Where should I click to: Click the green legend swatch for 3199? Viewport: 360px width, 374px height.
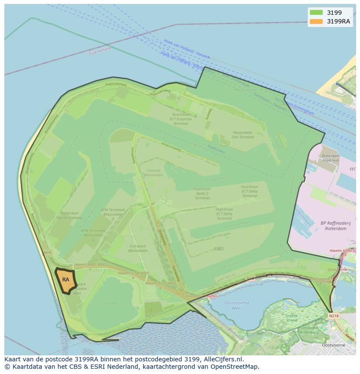pos(316,13)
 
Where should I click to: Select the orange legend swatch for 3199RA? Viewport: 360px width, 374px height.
pos(316,21)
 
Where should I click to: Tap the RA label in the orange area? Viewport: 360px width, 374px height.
pos(66,280)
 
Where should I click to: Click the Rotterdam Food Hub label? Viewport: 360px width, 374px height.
pos(330,158)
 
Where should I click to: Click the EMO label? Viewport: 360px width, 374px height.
pos(219,249)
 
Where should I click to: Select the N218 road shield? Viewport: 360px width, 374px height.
pos(333,316)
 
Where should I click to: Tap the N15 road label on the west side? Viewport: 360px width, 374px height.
pos(47,252)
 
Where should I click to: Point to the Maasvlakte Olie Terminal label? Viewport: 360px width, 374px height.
pos(243,135)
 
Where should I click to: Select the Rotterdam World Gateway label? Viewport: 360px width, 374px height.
pos(70,216)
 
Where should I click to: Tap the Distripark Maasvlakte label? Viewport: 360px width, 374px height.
pos(138,248)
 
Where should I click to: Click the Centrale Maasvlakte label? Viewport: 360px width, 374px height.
pos(153,172)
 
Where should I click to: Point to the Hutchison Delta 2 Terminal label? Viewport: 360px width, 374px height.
pos(202,193)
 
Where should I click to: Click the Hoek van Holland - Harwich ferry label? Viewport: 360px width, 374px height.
pos(187,49)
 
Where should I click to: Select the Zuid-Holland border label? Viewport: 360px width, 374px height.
pos(99,51)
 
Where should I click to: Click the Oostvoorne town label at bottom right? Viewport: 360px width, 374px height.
pos(333,345)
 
